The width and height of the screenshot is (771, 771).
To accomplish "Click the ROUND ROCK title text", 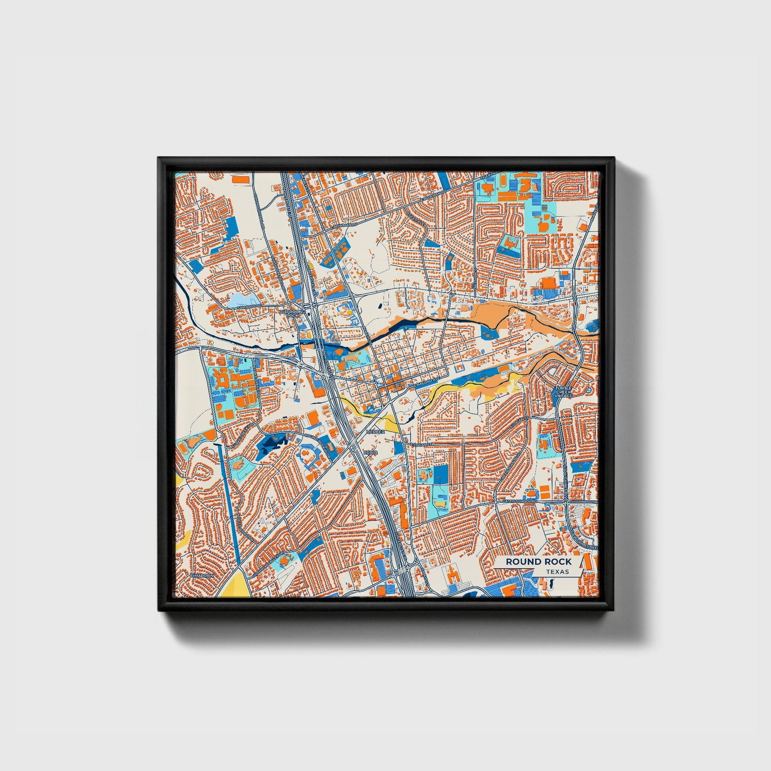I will click(538, 561).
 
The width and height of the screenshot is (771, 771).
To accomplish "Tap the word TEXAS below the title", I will click(558, 572).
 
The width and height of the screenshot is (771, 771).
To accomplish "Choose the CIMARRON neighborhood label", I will click(203, 576).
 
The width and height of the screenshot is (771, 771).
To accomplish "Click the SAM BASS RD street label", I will click(247, 306).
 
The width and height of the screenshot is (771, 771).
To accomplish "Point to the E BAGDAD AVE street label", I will click(425, 382).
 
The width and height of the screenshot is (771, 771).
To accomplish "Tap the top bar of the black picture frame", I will click(385, 163).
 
